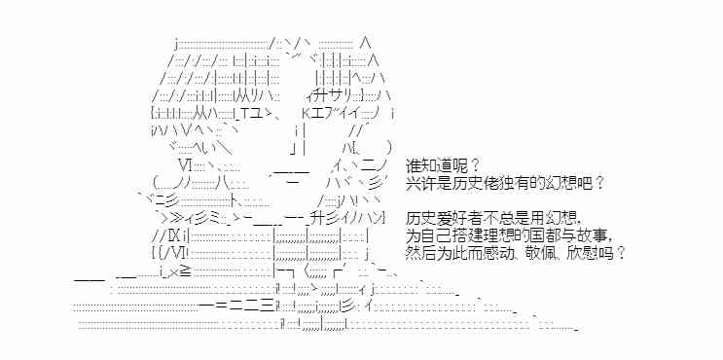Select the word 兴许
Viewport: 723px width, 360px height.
pyautogui.click(x=420, y=182)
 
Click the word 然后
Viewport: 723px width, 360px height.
pyautogui.click(x=420, y=253)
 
